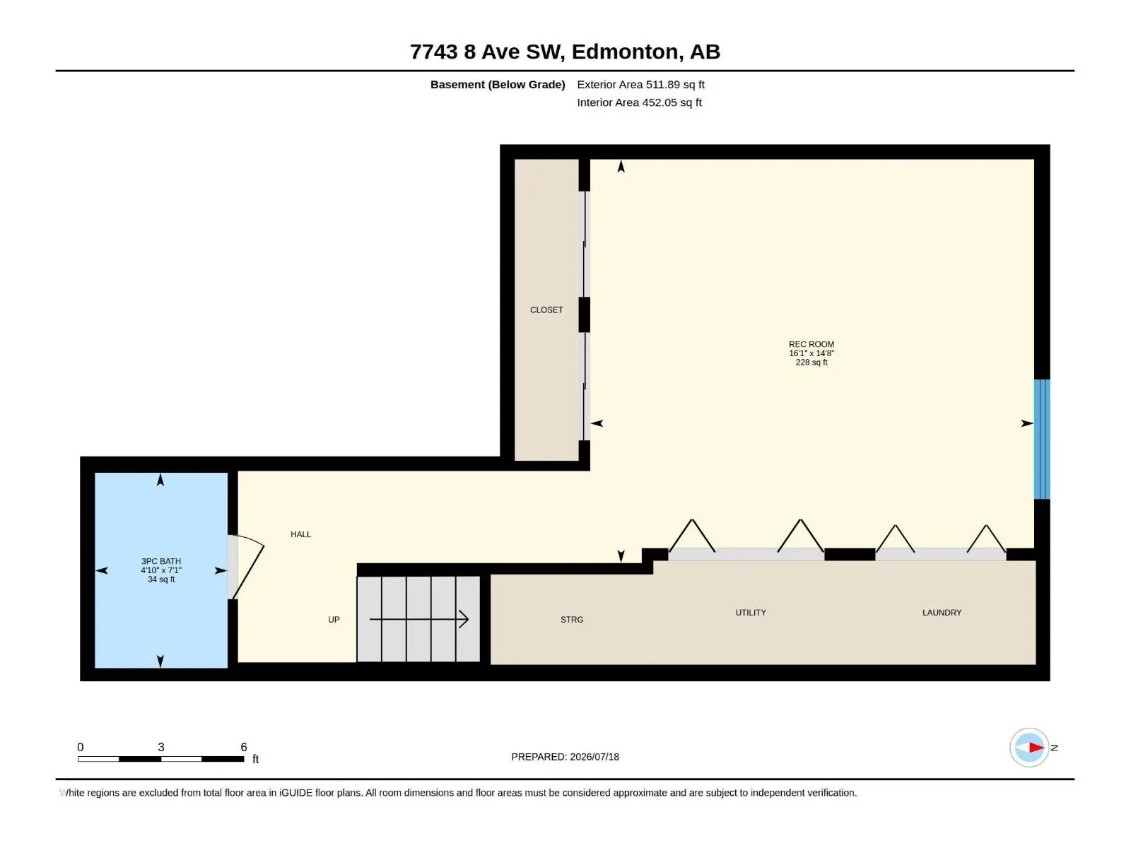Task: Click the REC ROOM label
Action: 811,344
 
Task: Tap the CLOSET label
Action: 546,310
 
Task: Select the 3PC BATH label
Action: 160,561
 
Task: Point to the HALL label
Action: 300,534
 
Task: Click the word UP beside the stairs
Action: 334,620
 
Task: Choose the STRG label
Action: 571,620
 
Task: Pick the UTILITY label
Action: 750,613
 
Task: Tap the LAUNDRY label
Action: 942,613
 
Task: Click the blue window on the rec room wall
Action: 1041,439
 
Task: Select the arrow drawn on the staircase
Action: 418,619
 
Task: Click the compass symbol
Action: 1029,747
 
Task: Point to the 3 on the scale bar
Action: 160,747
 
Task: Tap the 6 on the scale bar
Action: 244,747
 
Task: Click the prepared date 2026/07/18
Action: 594,757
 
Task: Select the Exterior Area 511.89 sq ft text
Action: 640,84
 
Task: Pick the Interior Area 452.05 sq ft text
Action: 639,102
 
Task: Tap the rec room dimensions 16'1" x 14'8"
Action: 811,353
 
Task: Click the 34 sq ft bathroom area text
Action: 160,579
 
